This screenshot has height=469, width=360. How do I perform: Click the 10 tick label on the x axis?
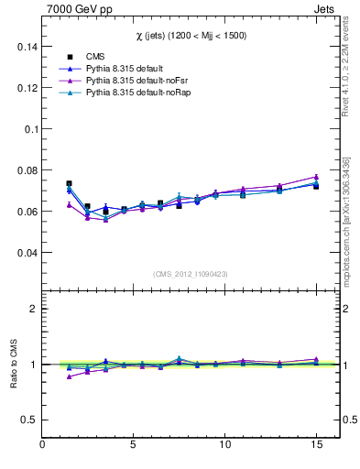[x=224, y=445]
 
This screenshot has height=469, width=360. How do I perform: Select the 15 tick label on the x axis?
[x=315, y=445]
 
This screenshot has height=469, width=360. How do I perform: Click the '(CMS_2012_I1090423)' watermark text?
[x=191, y=274]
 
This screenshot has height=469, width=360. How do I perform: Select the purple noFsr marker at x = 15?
[x=315, y=177]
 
